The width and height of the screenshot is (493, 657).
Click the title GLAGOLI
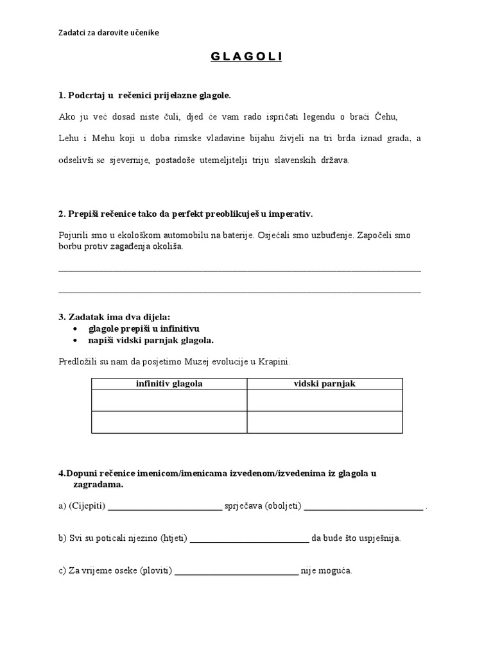tap(246, 58)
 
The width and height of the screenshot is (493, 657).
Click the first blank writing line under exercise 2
tap(239, 270)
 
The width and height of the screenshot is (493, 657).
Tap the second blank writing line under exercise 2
tap(239, 292)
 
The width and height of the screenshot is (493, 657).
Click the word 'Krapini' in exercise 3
tap(275, 362)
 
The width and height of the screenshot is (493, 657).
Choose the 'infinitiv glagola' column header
tap(169, 384)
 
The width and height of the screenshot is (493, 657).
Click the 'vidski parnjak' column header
tap(324, 384)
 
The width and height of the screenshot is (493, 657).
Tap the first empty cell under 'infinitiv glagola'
tap(169, 400)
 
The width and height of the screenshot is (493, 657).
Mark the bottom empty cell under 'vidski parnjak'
tap(324, 422)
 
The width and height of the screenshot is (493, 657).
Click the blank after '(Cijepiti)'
tap(165, 506)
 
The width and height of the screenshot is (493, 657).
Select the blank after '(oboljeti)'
tap(364, 506)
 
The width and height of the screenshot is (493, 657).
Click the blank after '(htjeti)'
tap(250, 538)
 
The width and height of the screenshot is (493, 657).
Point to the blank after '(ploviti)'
tap(237, 570)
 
